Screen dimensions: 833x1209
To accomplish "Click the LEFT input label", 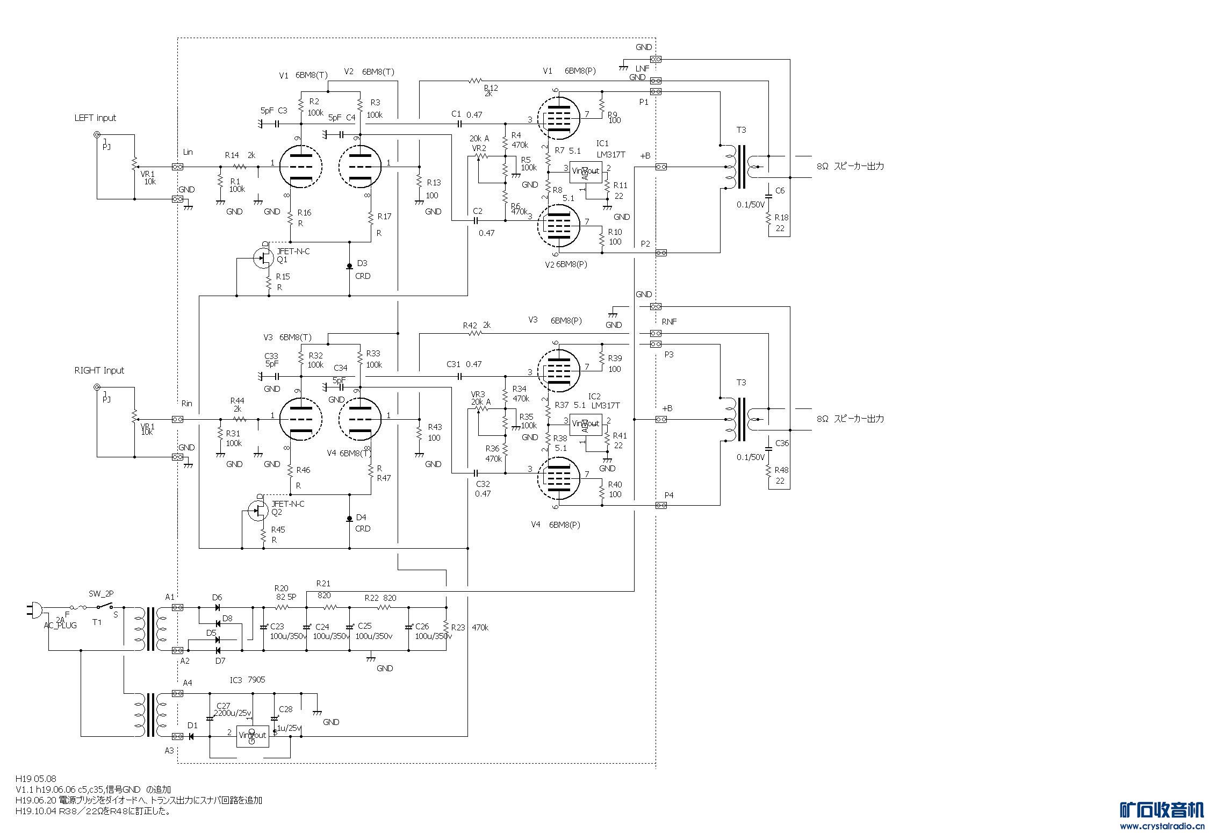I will (95, 118).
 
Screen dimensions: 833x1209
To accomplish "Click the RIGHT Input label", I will (99, 370).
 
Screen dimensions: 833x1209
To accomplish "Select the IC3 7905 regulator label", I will (247, 680).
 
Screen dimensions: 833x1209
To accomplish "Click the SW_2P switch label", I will (101, 593).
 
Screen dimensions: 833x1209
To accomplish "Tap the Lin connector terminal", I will (177, 167).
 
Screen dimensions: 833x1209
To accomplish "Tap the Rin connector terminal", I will (177, 419).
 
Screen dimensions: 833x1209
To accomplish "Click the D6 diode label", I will (217, 597).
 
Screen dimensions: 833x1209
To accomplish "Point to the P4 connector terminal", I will (661, 505).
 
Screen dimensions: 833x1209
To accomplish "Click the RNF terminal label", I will (669, 321).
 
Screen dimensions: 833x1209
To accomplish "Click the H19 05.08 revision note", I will (35, 778).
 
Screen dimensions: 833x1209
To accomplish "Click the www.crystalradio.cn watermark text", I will (1161, 826).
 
